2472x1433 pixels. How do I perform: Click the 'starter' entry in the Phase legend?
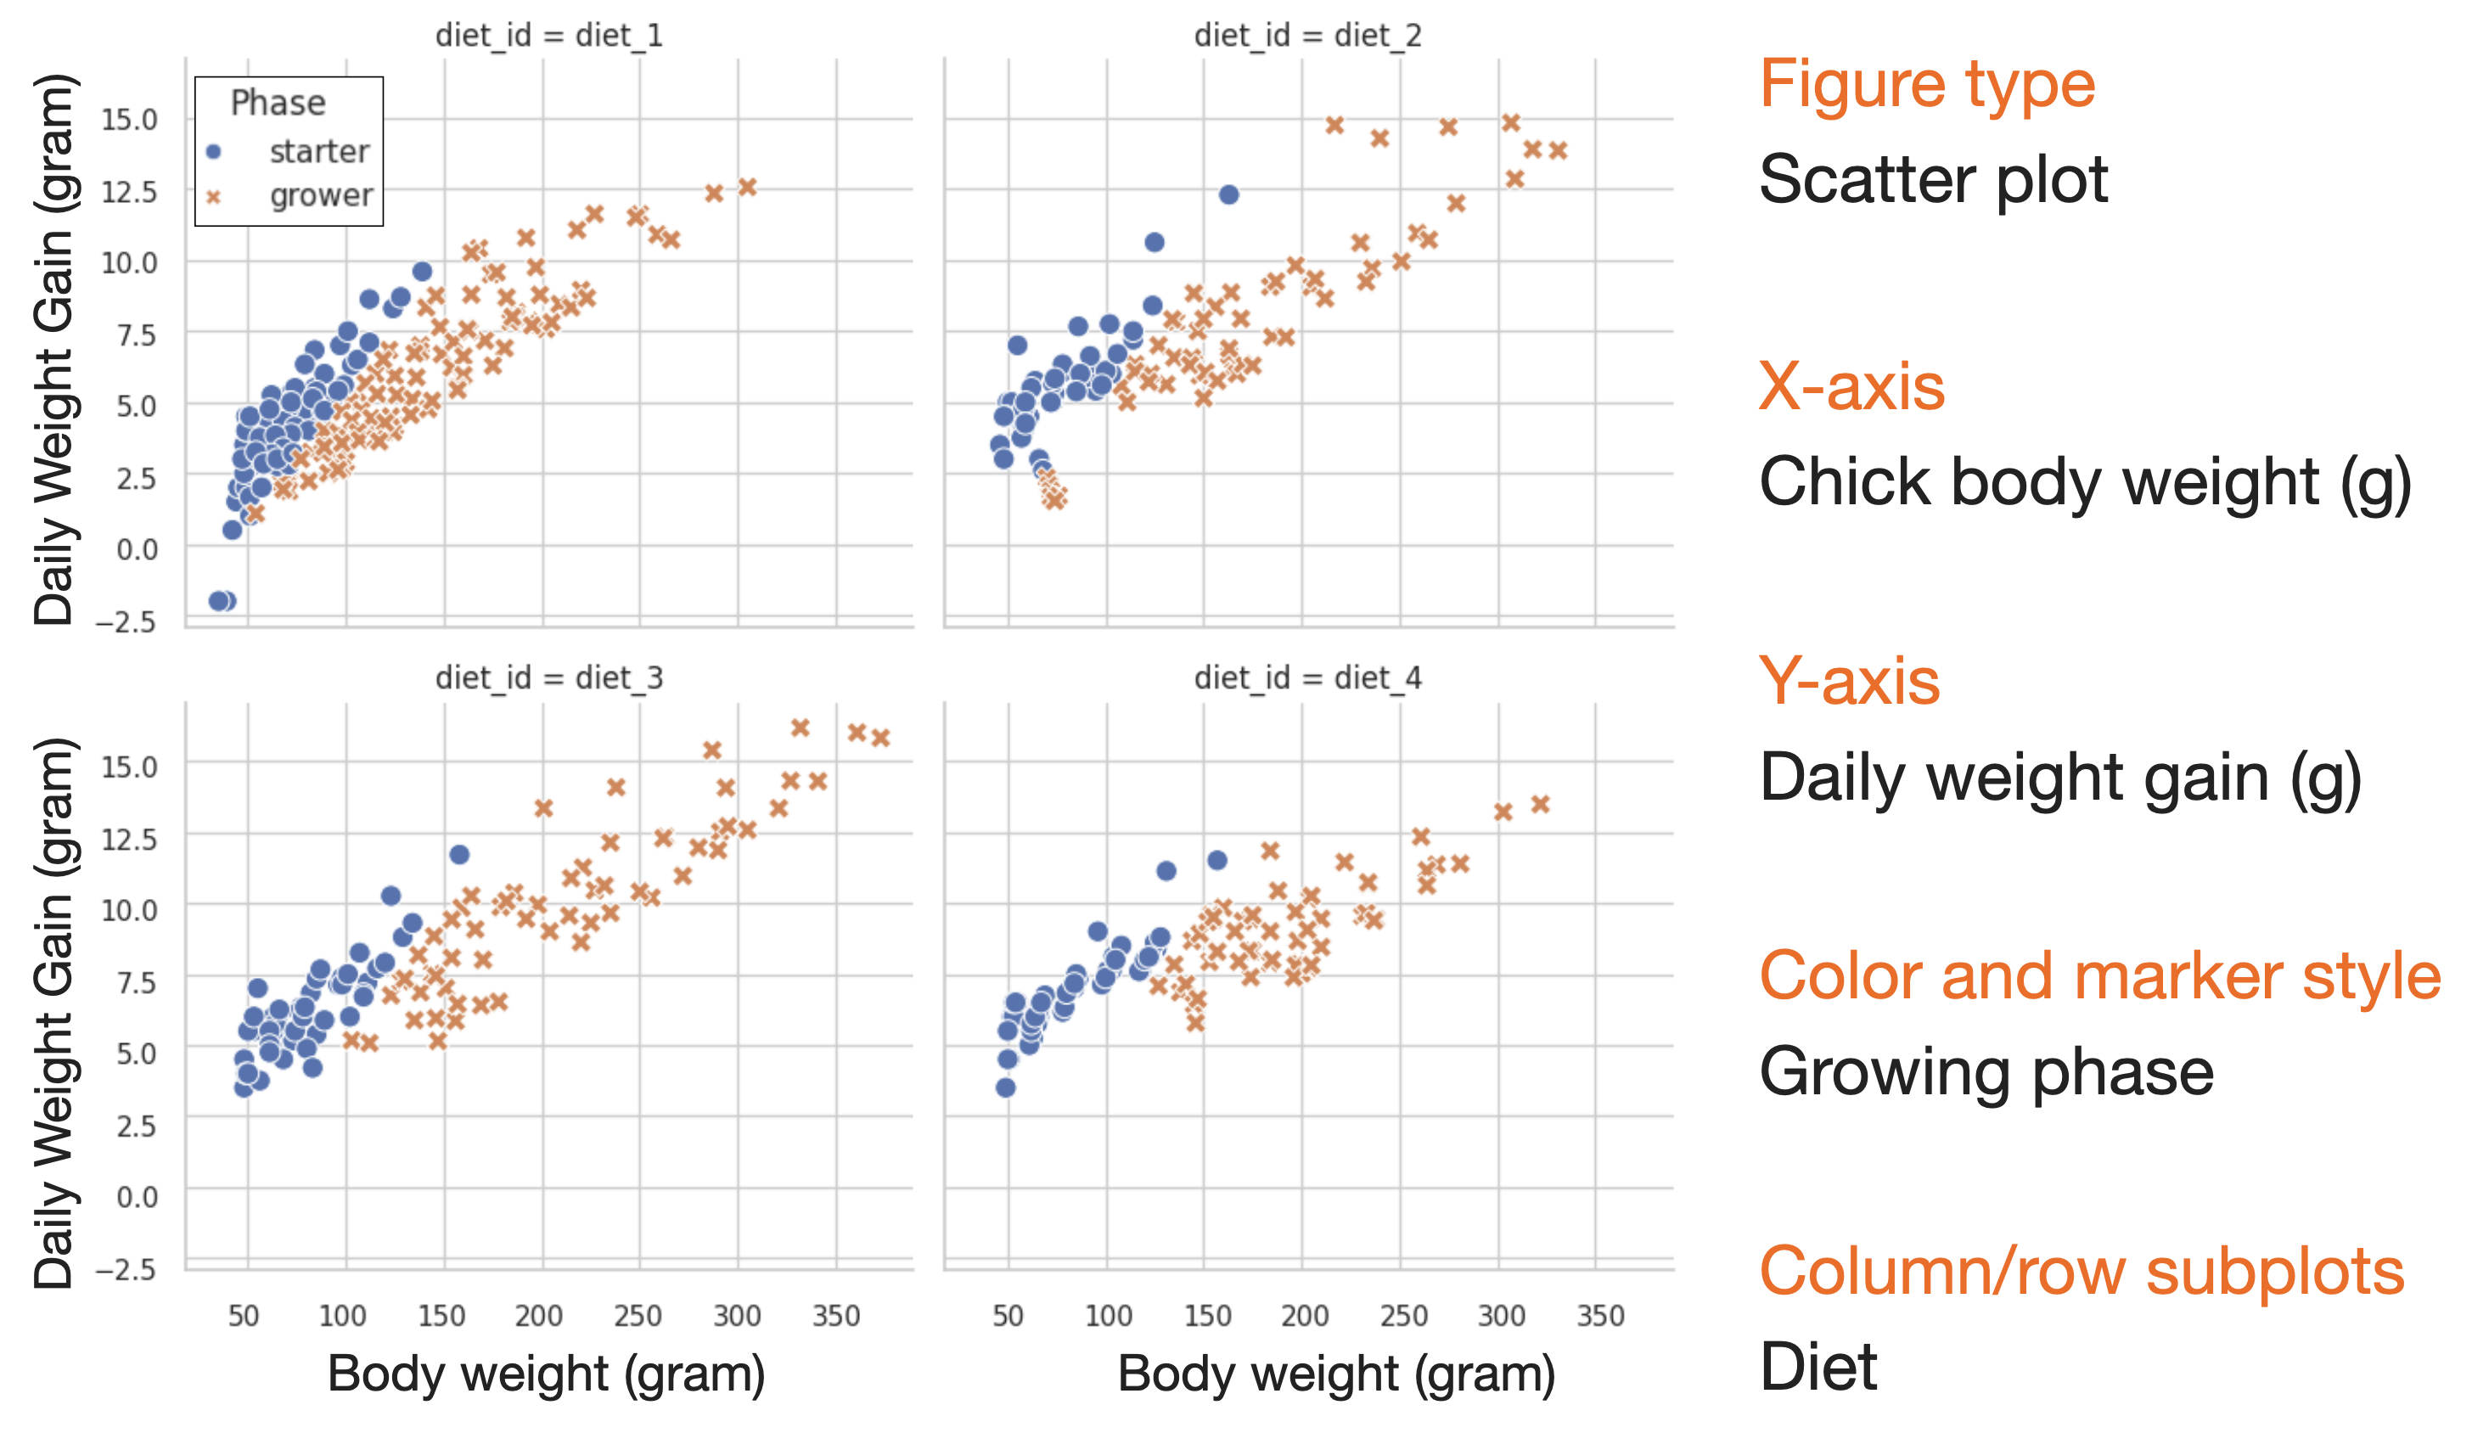pos(319,151)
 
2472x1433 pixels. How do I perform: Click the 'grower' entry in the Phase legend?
pos(321,195)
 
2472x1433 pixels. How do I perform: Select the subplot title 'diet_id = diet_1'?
pos(548,36)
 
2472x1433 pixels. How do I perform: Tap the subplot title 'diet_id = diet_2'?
pos(1306,36)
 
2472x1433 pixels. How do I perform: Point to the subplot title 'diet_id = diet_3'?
pos(548,677)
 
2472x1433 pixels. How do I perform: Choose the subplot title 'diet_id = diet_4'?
pos(1306,677)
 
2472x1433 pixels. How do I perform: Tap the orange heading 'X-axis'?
pos(1851,385)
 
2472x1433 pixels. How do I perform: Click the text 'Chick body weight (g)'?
pos(2085,481)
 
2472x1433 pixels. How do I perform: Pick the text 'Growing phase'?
pos(1986,1071)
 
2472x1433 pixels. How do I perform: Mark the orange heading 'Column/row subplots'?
pos(2081,1270)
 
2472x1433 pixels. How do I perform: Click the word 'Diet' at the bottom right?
pos(1817,1366)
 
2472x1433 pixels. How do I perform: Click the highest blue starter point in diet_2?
pos(1228,194)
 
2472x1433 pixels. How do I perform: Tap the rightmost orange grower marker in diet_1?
pos(748,187)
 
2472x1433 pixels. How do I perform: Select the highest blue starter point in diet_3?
pos(458,854)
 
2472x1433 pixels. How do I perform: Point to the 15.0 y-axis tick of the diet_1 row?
pos(130,120)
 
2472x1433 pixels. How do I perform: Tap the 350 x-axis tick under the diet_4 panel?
pos(1600,1315)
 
